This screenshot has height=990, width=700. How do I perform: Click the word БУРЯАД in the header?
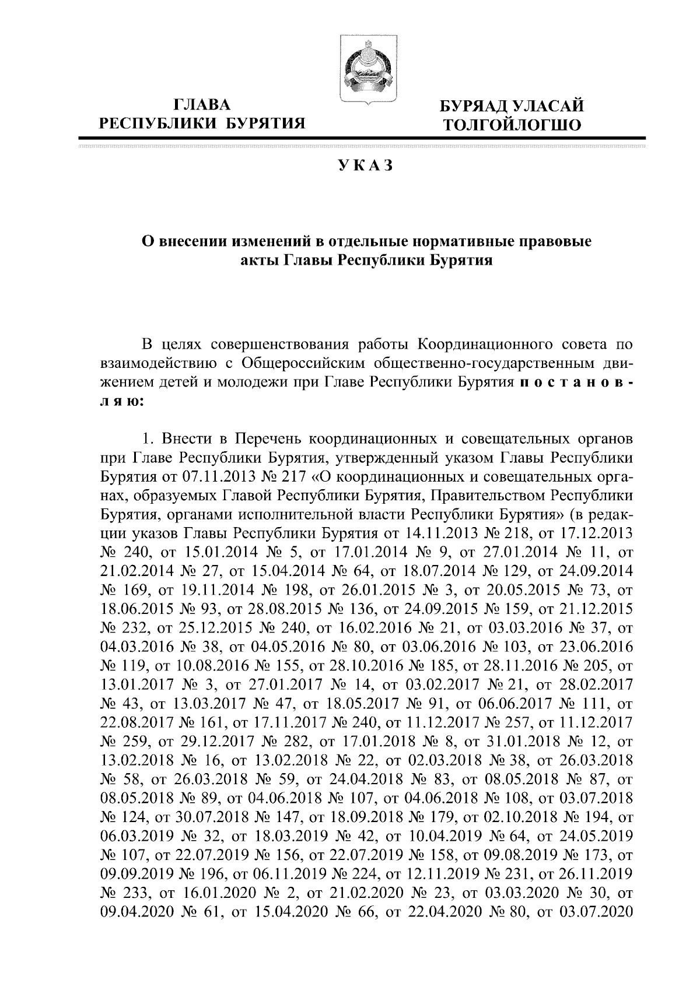tap(473, 106)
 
